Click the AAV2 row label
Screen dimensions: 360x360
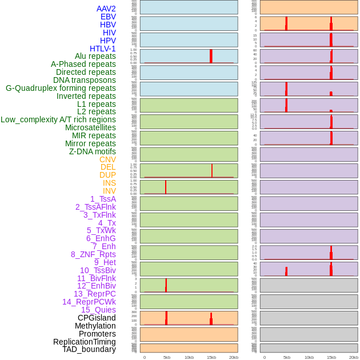106,9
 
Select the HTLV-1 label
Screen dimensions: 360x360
102,49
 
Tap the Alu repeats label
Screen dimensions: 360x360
95,56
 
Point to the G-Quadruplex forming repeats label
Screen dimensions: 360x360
61,88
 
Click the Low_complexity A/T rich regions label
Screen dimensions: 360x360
58,119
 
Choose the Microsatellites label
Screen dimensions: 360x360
90,127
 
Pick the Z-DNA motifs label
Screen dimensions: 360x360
92,151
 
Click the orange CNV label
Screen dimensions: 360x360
107,159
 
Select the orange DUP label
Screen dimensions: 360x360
107,175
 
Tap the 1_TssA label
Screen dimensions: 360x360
103,199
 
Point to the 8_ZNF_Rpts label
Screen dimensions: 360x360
93,254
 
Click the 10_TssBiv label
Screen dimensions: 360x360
98,270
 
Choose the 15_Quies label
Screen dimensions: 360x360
98,310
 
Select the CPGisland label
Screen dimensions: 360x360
97,318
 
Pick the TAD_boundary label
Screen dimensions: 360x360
89,349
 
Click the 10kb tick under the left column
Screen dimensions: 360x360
189,357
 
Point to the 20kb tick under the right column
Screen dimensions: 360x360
354,357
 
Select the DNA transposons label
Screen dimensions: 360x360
85,80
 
